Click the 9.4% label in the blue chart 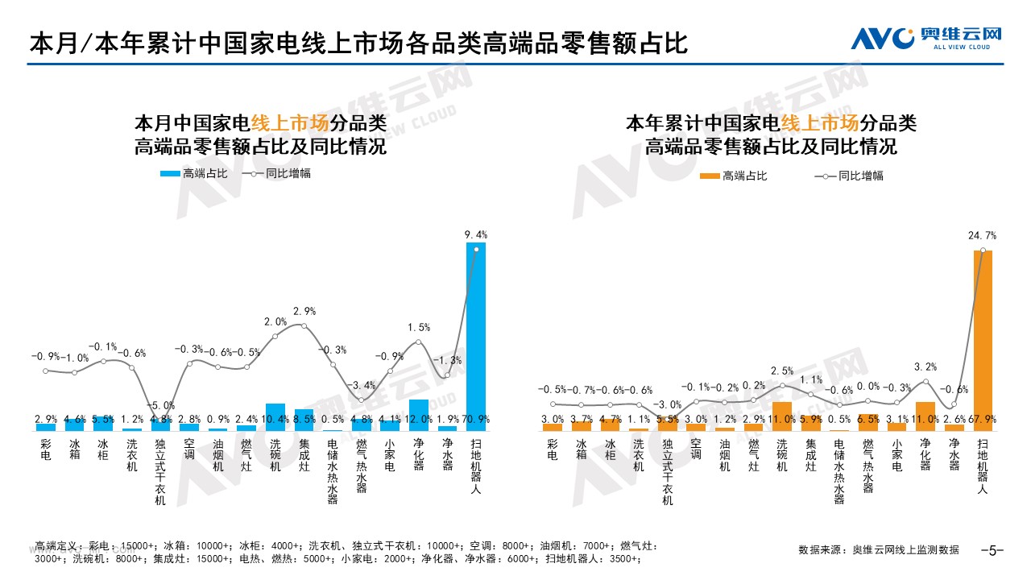coord(476,234)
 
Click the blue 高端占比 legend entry coord(194,173)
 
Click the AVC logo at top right coord(926,37)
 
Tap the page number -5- coord(992,551)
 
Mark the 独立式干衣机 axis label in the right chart coord(667,472)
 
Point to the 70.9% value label coord(476,419)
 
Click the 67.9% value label coord(984,419)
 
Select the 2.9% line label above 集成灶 coord(304,311)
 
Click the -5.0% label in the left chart coord(162,405)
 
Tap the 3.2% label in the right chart coord(926,367)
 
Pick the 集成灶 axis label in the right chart coord(810,455)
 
